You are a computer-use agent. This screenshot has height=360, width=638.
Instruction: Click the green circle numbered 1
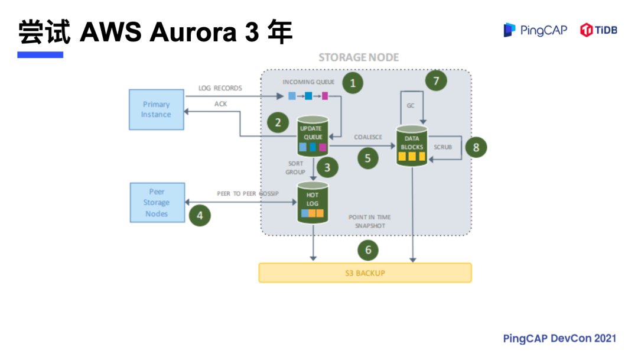point(353,83)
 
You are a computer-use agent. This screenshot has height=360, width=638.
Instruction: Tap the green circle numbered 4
point(200,215)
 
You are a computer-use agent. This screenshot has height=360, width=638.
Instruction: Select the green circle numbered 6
point(368,250)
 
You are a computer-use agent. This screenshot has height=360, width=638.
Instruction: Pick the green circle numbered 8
point(476,147)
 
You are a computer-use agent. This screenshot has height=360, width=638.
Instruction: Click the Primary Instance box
point(156,109)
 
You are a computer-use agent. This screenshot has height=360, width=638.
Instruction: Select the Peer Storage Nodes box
point(156,203)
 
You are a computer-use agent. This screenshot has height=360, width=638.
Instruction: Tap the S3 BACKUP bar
point(365,273)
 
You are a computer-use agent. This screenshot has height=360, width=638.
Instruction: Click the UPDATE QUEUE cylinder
point(312,137)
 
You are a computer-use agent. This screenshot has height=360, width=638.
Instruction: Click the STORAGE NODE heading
point(359,57)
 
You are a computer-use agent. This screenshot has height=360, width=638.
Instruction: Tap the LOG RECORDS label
point(220,88)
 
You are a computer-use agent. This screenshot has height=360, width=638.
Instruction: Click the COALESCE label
point(368,137)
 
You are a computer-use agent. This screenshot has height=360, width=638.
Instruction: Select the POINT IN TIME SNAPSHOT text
point(369,222)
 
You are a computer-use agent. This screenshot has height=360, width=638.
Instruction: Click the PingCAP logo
point(535,30)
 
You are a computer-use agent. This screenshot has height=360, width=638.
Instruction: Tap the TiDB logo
point(598,30)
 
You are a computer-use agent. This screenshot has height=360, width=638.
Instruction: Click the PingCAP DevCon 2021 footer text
point(559,338)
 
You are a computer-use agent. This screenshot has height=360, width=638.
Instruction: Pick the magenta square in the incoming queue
point(324,96)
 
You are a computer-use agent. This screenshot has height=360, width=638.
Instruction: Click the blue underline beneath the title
point(40,55)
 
